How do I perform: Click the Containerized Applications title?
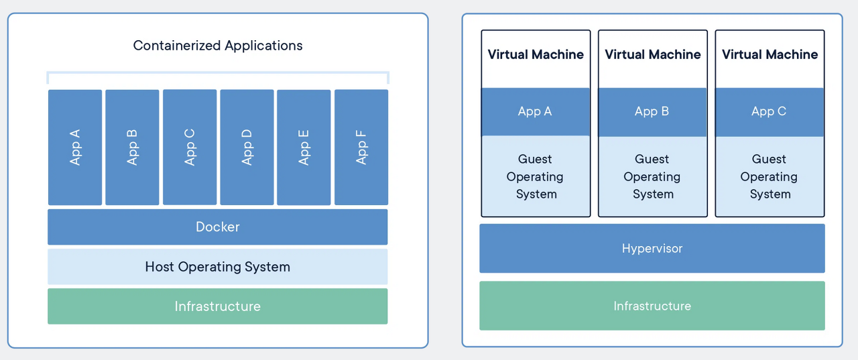(218, 46)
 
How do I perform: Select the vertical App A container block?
(75, 147)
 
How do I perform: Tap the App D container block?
(247, 147)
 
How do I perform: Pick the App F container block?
(361, 147)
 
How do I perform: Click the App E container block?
(304, 147)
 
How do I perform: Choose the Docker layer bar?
(218, 227)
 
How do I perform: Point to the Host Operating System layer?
(218, 267)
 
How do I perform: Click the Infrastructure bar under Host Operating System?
(218, 306)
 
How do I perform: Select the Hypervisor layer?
(652, 248)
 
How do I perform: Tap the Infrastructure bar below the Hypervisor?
(652, 306)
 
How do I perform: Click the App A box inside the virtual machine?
(536, 112)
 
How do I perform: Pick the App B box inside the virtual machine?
(652, 112)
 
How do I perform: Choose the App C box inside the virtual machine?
(770, 112)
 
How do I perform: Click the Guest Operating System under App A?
(536, 176)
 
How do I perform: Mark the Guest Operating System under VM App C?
(770, 176)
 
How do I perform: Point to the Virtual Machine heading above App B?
(653, 54)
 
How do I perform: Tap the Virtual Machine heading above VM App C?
(770, 54)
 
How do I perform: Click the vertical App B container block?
(132, 147)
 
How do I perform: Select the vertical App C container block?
(190, 147)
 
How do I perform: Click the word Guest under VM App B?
(652, 159)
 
